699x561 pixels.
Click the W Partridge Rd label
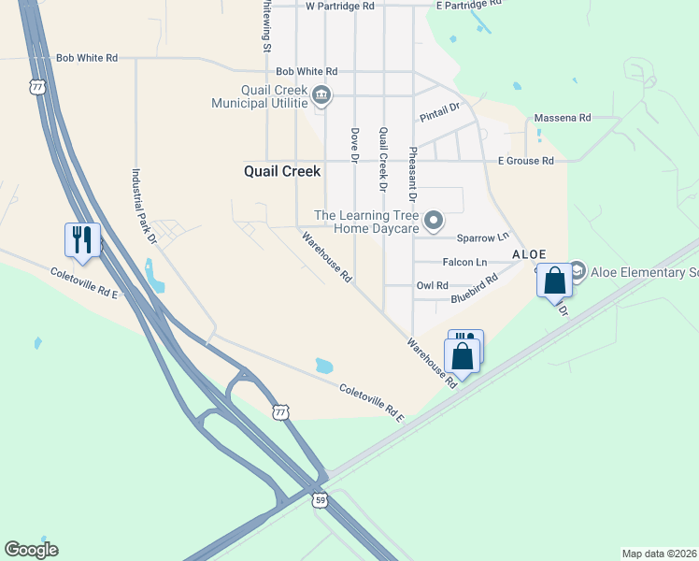(339, 6)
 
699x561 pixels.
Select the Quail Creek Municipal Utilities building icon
(321, 93)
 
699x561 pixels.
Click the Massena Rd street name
(563, 118)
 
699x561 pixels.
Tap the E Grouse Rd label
(526, 161)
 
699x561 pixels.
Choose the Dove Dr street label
(355, 144)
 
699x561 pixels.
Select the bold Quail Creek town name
(282, 172)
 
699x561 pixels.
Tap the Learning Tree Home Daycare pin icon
(433, 221)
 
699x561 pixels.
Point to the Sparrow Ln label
(483, 237)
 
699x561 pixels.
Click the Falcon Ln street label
(464, 263)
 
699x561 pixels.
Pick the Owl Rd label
(433, 285)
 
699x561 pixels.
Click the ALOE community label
(529, 254)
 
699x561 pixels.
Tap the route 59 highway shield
(320, 500)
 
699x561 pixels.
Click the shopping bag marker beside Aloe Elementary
(554, 280)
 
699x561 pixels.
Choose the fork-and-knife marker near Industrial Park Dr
(82, 239)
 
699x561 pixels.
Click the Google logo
(31, 550)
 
